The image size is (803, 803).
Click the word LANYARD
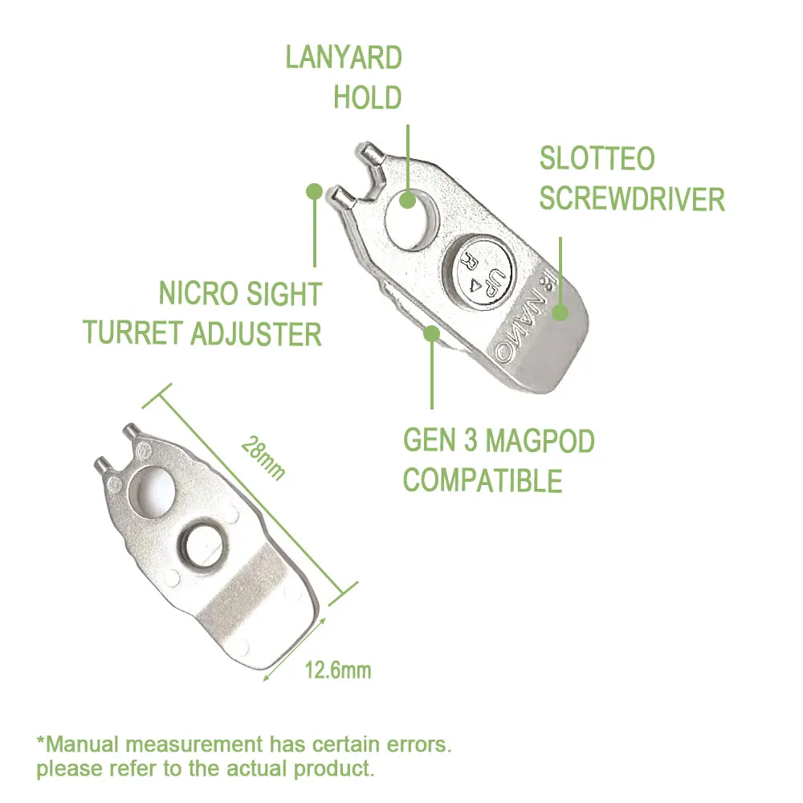(344, 57)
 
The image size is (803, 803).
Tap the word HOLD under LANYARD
(368, 97)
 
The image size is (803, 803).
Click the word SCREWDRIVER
(632, 198)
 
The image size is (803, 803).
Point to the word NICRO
(198, 294)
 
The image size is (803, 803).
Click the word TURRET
(133, 333)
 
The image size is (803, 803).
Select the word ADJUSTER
(256, 334)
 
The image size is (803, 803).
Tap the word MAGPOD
(540, 440)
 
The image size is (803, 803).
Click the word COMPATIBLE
(483, 480)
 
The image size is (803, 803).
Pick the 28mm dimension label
(263, 459)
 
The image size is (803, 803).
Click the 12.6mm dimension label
(338, 670)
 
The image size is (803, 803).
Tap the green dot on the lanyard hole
(407, 200)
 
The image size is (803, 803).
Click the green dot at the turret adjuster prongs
(315, 192)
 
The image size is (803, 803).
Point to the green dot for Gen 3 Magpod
(432, 333)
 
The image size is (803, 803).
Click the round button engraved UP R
(478, 271)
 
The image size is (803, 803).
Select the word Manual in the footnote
(83, 744)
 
